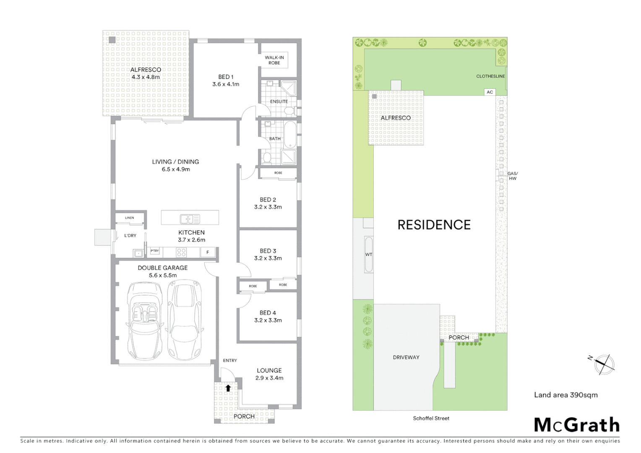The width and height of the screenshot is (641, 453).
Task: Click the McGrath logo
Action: [x=576, y=425]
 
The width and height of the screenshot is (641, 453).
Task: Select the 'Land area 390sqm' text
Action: [x=565, y=395]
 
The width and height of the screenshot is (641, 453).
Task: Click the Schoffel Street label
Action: [x=431, y=418]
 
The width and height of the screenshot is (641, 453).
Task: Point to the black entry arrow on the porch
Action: [x=228, y=388]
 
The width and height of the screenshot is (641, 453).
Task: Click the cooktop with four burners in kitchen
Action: [x=181, y=252]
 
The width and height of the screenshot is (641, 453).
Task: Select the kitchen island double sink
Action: [x=190, y=219]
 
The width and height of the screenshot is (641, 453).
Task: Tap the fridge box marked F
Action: [x=208, y=252]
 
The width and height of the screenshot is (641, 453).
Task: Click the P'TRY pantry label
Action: [x=155, y=251]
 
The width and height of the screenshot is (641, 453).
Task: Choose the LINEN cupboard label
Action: [x=130, y=218]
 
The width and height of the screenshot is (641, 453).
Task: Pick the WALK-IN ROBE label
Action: [x=274, y=60]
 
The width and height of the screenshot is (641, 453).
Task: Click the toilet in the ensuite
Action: [x=289, y=111]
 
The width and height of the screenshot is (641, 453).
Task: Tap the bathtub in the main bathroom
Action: [x=290, y=135]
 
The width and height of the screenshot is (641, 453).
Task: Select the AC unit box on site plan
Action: [x=490, y=92]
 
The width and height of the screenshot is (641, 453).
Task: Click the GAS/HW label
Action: [x=512, y=176]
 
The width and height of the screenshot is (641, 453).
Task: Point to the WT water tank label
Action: [x=368, y=255]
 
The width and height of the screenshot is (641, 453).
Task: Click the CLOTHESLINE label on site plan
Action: [x=490, y=76]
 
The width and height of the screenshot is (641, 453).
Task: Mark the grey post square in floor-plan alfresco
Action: [x=112, y=40]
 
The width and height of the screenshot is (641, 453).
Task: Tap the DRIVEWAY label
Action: [x=406, y=357]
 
